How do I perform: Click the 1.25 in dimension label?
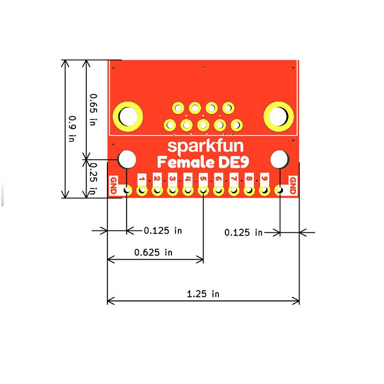203,294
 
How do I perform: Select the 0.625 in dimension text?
154,252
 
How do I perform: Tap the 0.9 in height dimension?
72,129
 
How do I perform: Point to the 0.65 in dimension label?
93,109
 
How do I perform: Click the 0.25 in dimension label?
93,179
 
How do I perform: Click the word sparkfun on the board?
205,147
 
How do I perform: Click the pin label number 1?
141,179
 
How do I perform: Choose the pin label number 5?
203,179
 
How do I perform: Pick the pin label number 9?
264,179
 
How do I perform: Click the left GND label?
114,186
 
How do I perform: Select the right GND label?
293,186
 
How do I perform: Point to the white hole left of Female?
127,159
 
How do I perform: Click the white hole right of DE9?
280,159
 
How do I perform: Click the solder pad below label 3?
172,190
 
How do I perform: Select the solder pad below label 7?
234,190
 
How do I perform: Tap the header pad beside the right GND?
280,190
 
